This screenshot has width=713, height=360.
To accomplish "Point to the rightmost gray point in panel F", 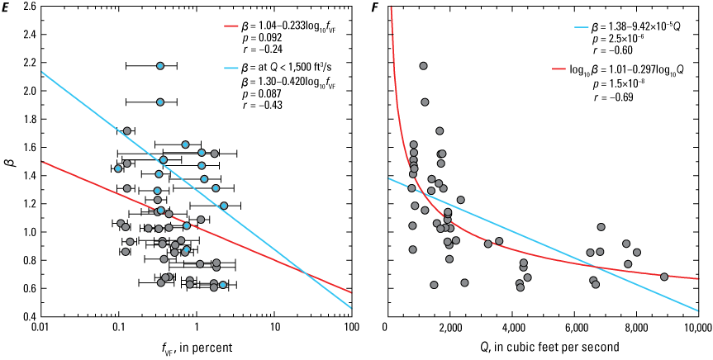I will click(x=664, y=277).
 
